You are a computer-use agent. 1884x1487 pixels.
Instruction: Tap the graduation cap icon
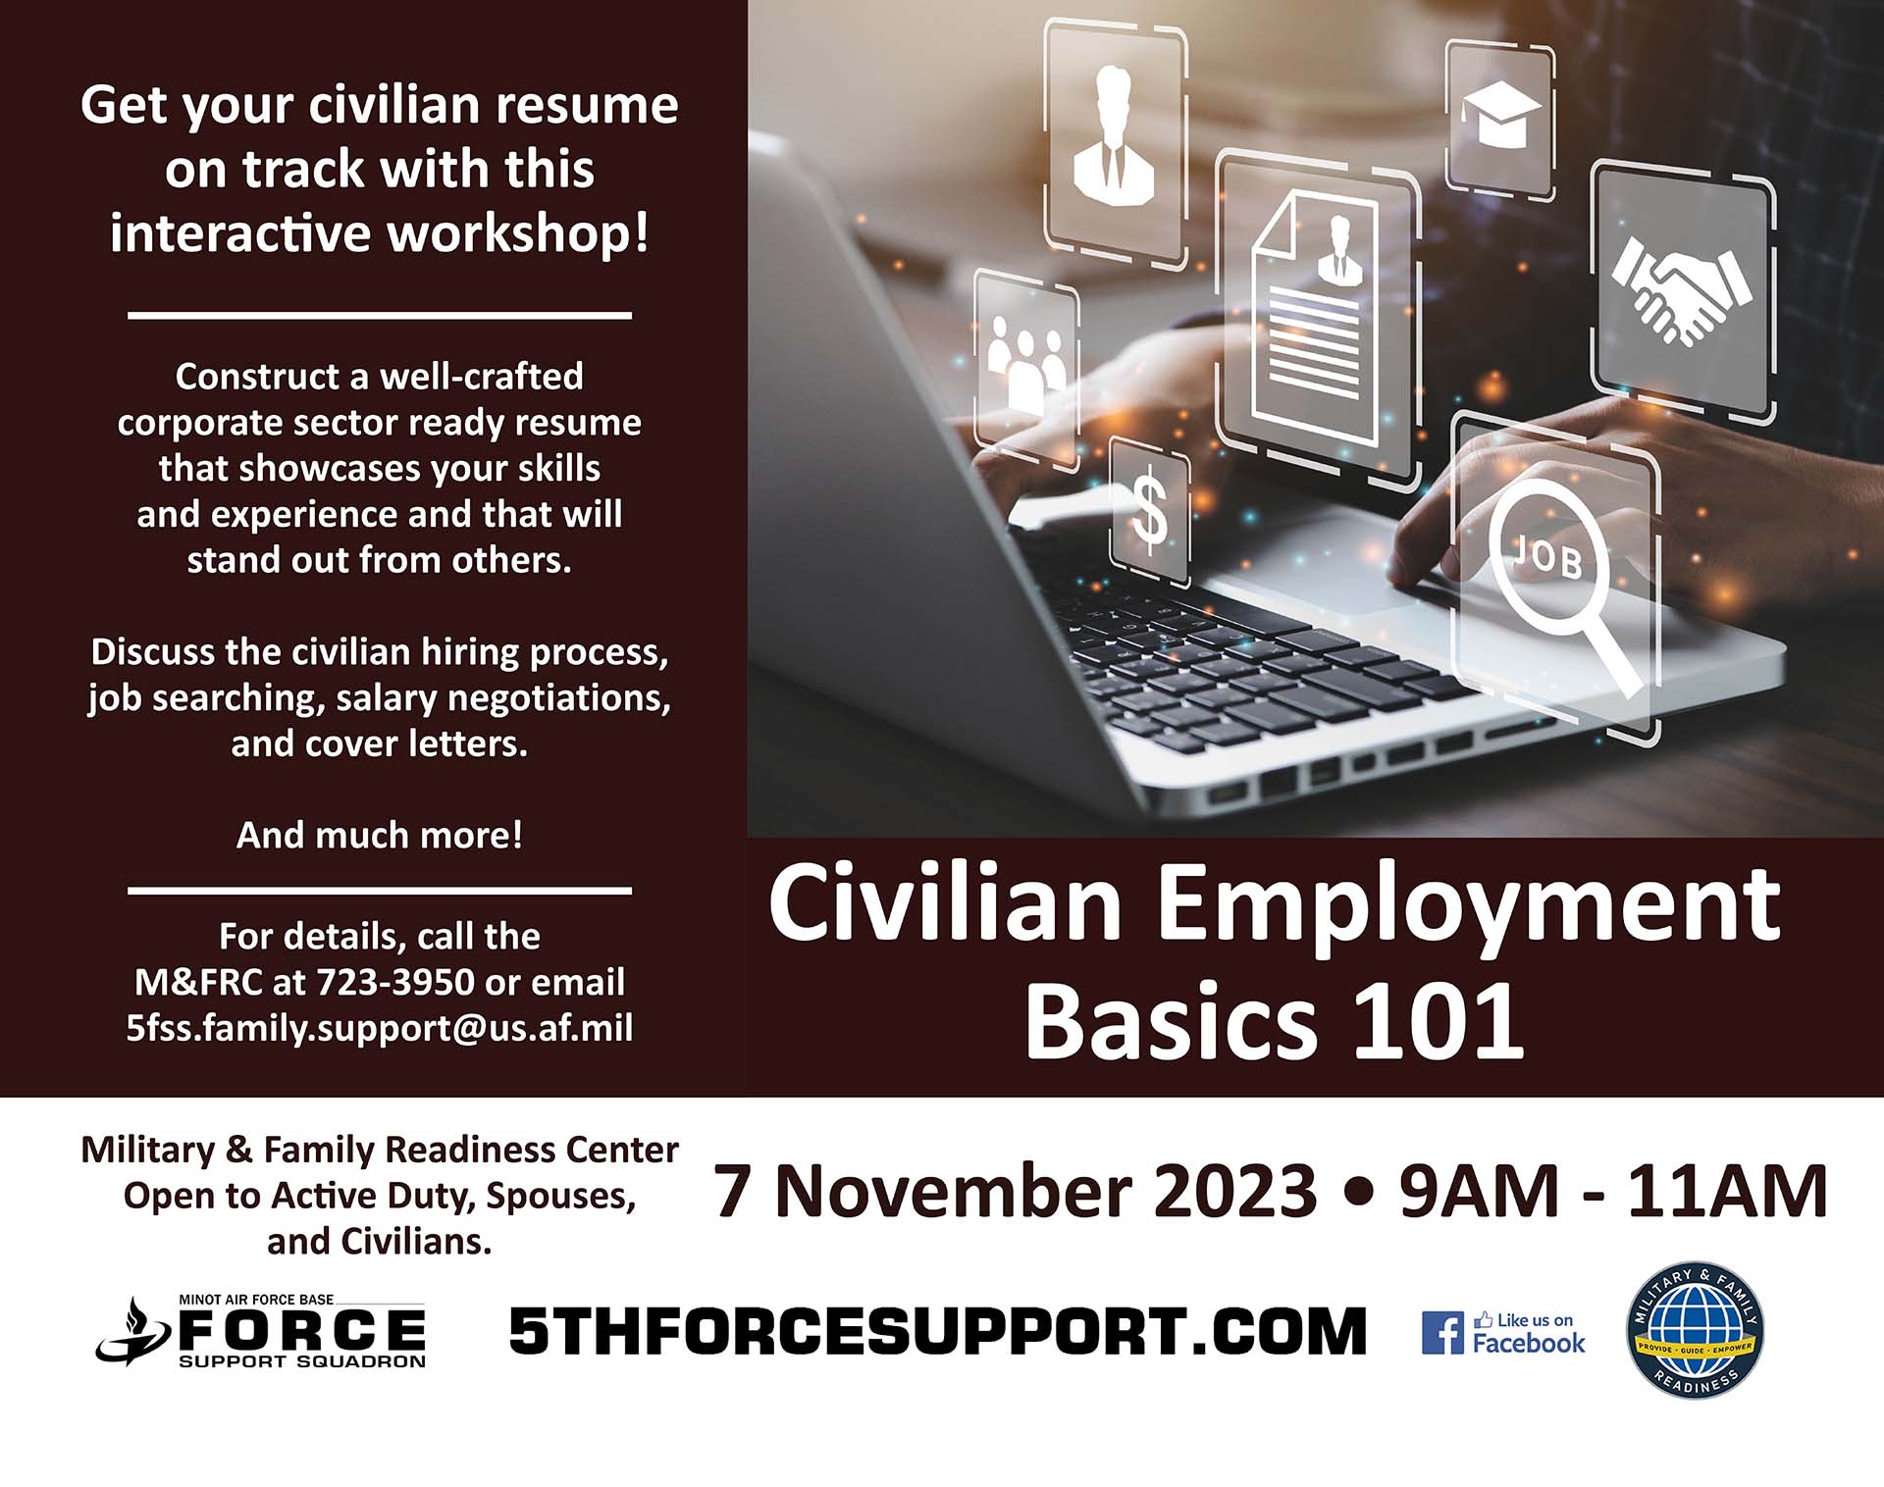[x=1500, y=114]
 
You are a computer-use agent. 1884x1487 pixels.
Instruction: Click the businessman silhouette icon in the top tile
[x=1113, y=134]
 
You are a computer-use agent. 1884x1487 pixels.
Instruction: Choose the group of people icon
[x=1024, y=363]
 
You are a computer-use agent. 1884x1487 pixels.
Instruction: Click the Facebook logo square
[x=1442, y=1333]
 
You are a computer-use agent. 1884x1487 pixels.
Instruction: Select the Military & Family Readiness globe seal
[x=1695, y=1331]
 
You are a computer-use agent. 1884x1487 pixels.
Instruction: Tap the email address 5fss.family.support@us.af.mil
[x=380, y=1028]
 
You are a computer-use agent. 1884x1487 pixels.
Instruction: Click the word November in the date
[x=1045, y=1191]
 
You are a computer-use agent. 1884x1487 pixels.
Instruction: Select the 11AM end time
[x=1728, y=1191]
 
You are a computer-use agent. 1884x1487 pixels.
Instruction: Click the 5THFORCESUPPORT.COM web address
[x=937, y=1331]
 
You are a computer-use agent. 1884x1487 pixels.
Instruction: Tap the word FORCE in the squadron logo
[x=302, y=1330]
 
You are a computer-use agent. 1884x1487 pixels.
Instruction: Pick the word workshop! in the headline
[x=518, y=233]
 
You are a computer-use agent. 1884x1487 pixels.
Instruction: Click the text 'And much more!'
[x=380, y=835]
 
